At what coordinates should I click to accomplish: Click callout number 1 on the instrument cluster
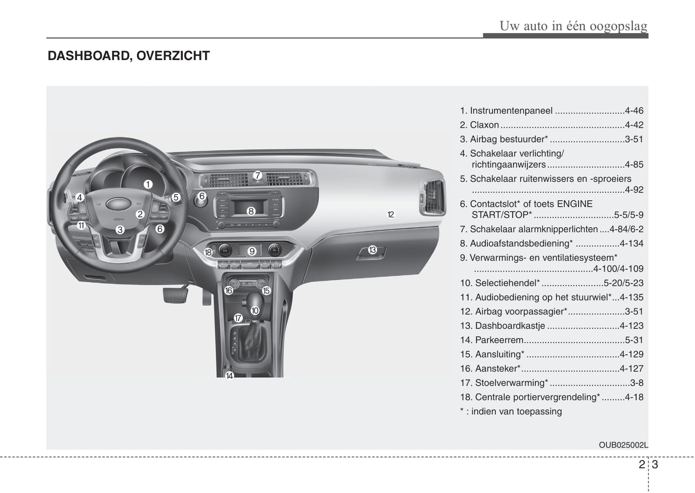148,184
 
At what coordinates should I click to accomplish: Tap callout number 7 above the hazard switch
257,175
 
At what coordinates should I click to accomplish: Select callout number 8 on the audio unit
251,211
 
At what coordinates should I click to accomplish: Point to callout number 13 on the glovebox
372,250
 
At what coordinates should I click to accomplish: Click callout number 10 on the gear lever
255,311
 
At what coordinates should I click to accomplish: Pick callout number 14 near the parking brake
229,376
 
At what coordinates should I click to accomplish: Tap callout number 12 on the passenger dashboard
391,215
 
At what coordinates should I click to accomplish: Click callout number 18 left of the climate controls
208,252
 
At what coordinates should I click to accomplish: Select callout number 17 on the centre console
238,318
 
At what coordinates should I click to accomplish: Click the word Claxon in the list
484,125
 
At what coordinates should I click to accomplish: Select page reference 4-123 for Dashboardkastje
631,326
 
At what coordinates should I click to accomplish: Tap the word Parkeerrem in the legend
499,340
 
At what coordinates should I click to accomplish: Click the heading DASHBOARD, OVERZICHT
128,56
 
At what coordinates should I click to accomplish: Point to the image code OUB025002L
623,445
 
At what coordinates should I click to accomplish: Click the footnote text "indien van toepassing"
516,411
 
